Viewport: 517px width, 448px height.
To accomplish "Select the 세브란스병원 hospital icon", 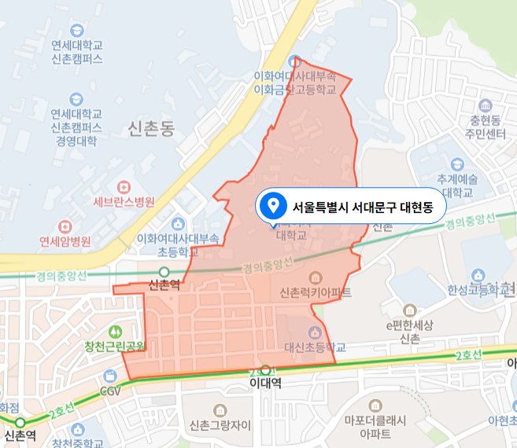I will [122, 187].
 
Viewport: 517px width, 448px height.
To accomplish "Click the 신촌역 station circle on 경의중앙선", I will [164, 272].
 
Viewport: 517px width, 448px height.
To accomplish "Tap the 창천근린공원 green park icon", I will [116, 332].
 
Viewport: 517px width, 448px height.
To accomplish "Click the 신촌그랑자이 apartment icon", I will [220, 410].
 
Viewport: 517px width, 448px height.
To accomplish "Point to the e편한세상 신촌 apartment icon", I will [409, 311].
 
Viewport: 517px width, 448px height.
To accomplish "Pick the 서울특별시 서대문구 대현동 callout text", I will [367, 207].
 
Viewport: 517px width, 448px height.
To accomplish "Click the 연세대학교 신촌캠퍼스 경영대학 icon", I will [76, 99].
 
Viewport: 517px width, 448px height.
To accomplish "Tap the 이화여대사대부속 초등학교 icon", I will [179, 225].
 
